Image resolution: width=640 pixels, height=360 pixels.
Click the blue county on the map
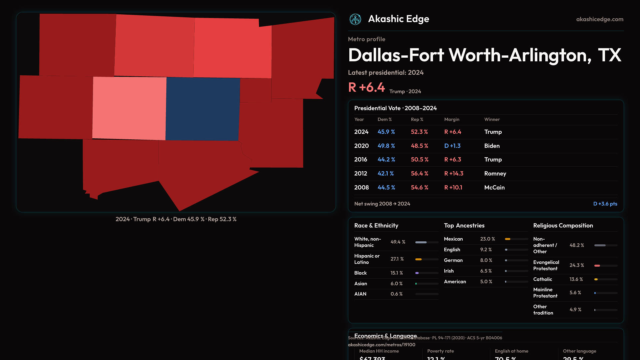203,109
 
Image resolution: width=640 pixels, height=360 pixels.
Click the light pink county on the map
129,108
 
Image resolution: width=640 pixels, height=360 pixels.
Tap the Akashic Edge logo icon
355,19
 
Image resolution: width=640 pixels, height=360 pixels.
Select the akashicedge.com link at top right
600,19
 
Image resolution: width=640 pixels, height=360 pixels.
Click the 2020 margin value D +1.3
452,146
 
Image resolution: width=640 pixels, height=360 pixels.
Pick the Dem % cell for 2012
386,174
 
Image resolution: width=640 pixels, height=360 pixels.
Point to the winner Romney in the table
495,174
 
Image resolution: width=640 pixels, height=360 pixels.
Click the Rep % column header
417,119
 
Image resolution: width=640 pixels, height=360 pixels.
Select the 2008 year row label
361,188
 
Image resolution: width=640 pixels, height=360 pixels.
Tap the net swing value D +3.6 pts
605,204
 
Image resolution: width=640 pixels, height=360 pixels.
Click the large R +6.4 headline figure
366,87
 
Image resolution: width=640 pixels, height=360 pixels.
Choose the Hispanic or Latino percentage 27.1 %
397,259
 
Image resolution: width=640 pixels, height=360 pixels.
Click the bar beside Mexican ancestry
516,239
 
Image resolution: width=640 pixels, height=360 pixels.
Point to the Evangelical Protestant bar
606,266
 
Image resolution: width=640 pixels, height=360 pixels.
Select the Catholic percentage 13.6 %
576,279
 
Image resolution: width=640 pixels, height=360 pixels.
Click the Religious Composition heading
563,226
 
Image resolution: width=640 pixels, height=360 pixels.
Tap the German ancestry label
453,260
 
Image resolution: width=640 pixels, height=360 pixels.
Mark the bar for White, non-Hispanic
427,242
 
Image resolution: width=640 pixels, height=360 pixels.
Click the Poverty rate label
440,351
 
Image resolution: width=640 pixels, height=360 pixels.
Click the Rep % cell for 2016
419,160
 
